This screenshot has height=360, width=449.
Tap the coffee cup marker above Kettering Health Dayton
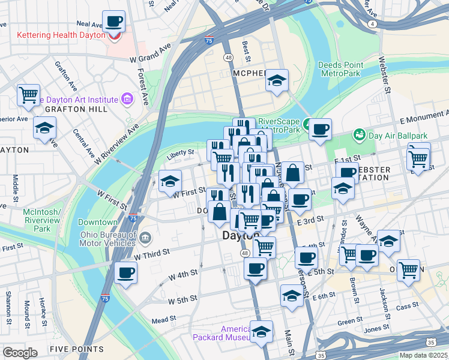[x=113, y=22]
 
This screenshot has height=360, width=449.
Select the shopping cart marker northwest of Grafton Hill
[x=28, y=95]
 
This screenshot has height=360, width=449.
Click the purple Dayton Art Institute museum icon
[x=127, y=98]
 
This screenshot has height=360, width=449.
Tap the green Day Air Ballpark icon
[x=360, y=134]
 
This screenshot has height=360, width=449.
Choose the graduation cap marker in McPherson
[x=277, y=80]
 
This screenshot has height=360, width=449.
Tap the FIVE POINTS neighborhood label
[x=77, y=349]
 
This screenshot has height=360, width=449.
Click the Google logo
[x=20, y=353]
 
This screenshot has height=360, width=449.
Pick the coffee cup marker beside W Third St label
[x=125, y=273]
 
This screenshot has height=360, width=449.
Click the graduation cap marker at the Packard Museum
[x=261, y=331]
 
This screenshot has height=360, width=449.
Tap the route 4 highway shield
[x=373, y=24]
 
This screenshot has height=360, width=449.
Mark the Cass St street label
[x=407, y=306]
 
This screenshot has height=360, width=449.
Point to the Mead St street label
[x=163, y=320]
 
